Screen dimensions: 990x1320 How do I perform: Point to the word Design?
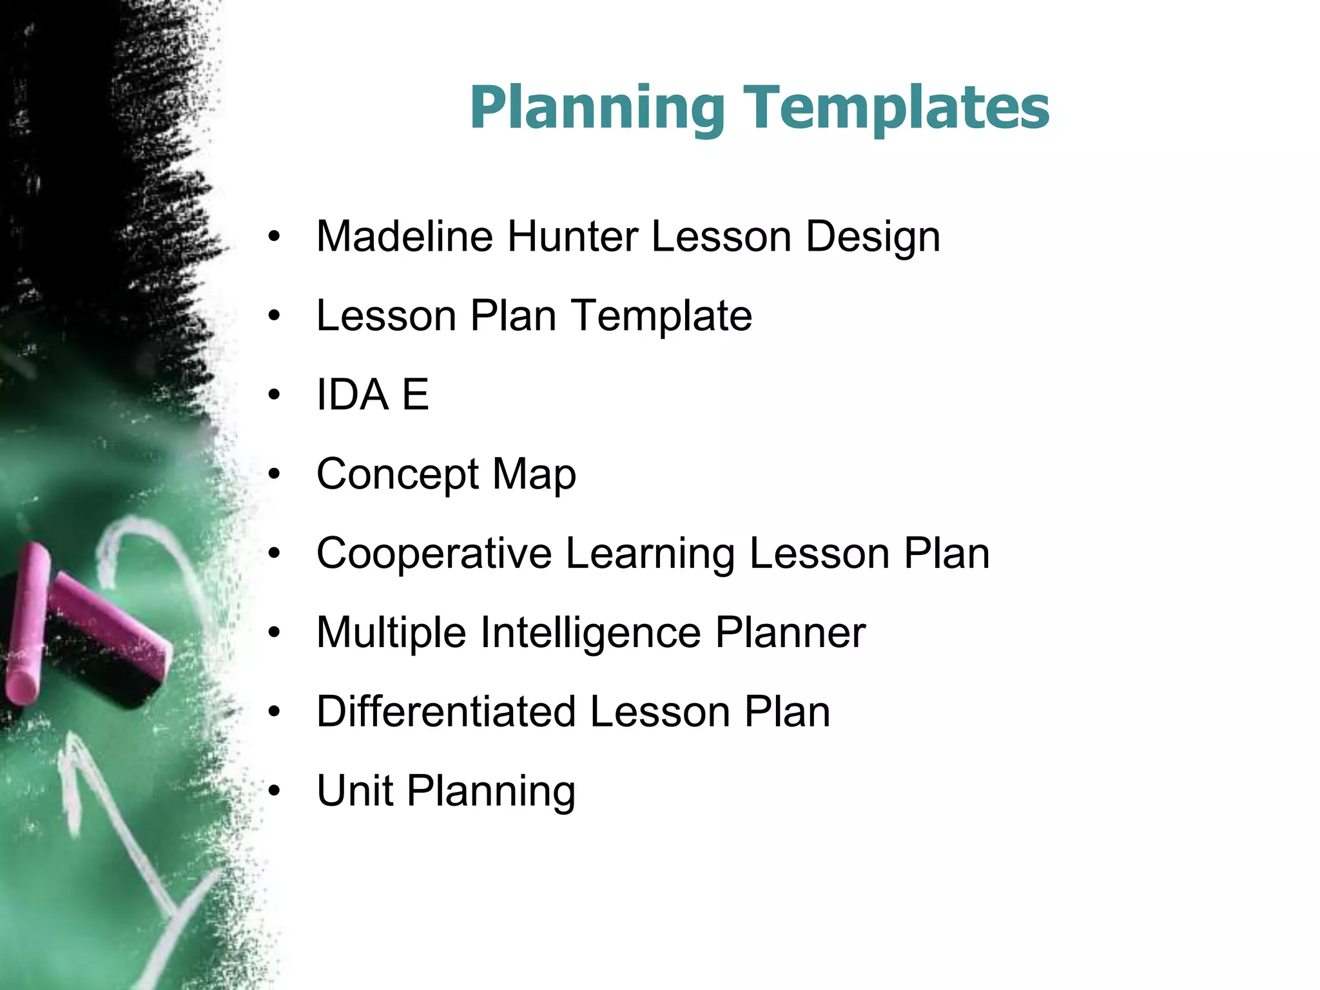873,237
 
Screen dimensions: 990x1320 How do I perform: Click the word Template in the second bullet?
662,316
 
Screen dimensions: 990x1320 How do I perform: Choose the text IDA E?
373,394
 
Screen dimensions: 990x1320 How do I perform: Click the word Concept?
398,474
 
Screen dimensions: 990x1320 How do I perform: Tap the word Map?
534,474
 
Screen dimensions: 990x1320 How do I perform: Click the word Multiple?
391,633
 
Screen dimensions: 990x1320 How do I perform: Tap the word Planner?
790,633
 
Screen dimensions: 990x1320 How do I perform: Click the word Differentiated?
446,712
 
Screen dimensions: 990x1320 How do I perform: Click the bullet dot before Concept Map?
275,474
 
